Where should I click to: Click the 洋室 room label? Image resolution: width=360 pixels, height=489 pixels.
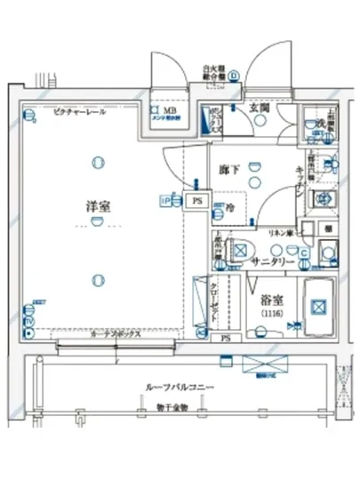[97, 205]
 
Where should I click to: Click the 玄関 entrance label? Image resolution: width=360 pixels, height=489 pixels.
[259, 108]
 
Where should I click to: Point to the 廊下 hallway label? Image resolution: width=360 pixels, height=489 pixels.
[228, 167]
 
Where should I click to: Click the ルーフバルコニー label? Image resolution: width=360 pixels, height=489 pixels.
[180, 389]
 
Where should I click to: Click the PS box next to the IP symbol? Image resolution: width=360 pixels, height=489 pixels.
[197, 201]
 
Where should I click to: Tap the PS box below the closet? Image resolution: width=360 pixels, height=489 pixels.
[226, 339]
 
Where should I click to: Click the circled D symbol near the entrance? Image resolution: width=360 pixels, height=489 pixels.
[233, 76]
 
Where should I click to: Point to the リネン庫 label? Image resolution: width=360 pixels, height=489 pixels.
[283, 232]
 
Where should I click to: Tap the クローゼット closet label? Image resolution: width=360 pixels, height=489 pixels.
[216, 299]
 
